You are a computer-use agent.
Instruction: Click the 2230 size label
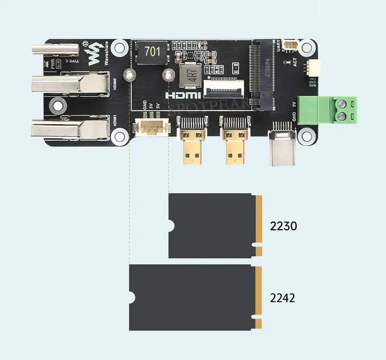283,226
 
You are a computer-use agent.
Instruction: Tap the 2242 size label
283,298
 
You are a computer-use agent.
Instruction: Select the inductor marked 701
152,52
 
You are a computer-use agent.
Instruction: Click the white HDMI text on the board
183,96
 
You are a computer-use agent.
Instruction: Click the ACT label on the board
295,62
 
